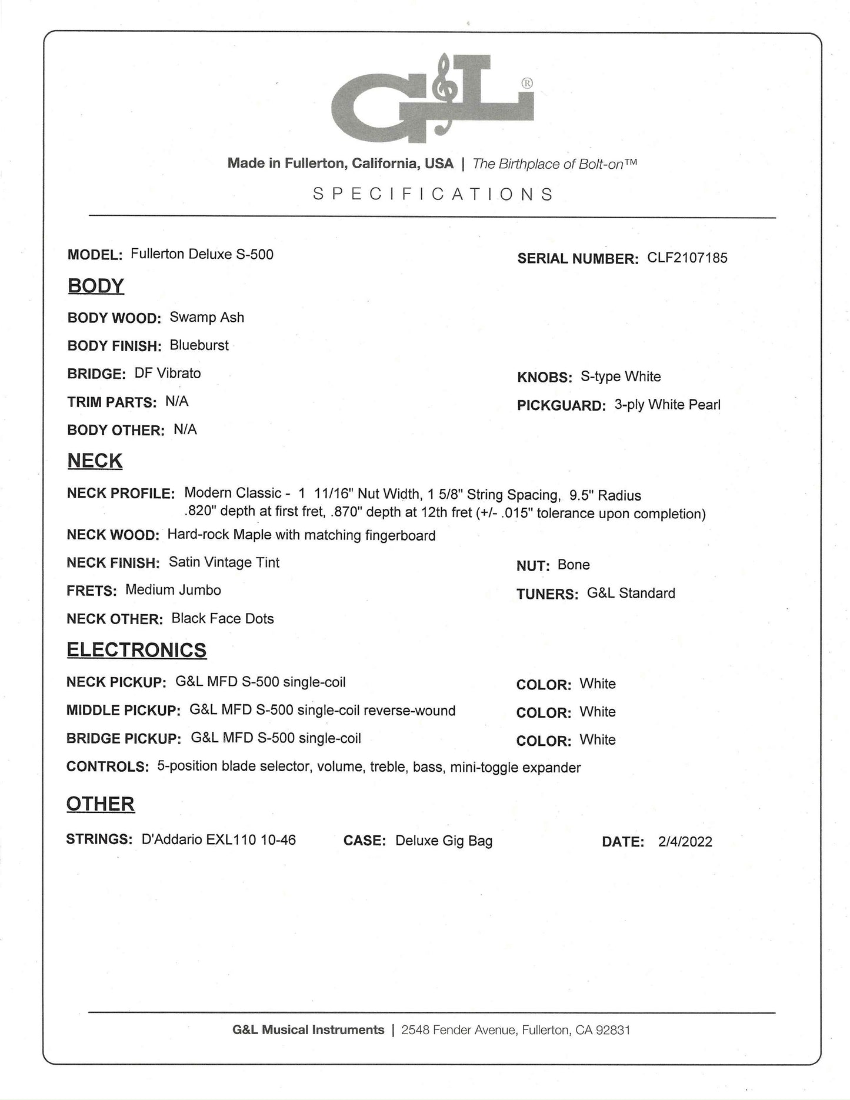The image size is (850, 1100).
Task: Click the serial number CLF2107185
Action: coord(687,258)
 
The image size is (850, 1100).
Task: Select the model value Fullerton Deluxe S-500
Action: coord(202,254)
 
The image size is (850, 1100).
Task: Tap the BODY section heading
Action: coord(96,286)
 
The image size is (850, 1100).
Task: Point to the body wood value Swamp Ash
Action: coord(206,317)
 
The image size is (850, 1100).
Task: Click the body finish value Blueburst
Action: coord(199,345)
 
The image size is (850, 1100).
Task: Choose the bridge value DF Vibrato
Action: coord(167,374)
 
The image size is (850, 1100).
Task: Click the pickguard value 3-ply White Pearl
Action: coord(667,405)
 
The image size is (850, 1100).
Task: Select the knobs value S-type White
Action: coord(621,376)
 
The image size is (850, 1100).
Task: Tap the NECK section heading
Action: coord(95,461)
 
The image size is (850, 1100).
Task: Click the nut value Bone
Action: coord(574,565)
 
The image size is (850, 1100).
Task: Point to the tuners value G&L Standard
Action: coord(631,593)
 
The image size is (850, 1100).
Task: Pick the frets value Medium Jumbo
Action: coord(173,590)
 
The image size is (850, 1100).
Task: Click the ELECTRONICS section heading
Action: coord(136,650)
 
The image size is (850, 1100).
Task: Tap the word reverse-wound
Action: coord(409,711)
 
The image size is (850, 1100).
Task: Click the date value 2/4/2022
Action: coord(685,842)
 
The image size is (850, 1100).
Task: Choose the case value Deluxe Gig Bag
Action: coord(444,841)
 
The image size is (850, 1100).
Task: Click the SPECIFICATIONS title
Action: coord(432,194)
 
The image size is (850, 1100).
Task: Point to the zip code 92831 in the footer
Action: coord(613,1029)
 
